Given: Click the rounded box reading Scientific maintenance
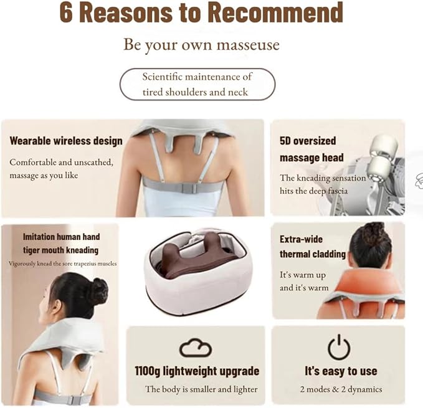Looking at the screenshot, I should pos(197,85).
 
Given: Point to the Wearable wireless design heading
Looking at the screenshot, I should pos(65,140).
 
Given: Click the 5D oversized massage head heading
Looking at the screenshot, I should pos(308,149).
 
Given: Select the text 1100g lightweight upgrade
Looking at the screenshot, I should pos(197,371).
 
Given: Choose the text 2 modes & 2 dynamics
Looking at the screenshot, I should pos(341,390).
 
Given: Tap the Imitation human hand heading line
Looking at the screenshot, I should pos(61,237).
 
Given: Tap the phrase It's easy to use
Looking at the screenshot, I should pos(341,371).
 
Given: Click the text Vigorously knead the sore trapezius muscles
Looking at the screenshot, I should pos(63,263).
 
